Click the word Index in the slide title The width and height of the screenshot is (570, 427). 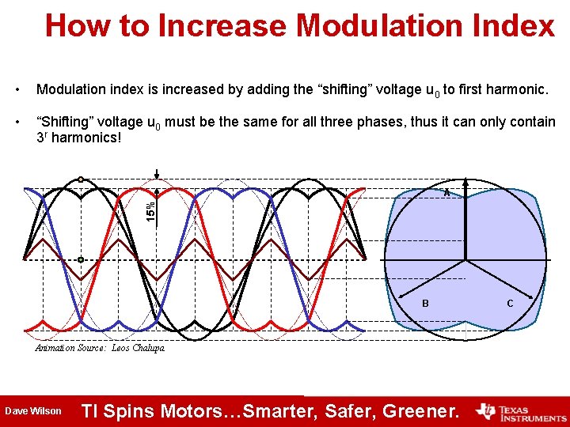pos(515,25)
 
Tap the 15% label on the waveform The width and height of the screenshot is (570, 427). pos(150,207)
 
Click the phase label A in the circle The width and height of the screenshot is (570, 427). pos(446,193)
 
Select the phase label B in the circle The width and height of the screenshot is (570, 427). pos(425,304)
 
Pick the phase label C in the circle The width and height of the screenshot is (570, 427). pos(510,304)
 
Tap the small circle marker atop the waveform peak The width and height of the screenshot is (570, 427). pos(81,179)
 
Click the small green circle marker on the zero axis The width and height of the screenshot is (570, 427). pos(81,259)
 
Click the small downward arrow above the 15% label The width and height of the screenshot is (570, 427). pos(158,175)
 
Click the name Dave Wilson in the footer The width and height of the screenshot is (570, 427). pos(32,411)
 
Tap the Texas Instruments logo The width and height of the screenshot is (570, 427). pos(520,411)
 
